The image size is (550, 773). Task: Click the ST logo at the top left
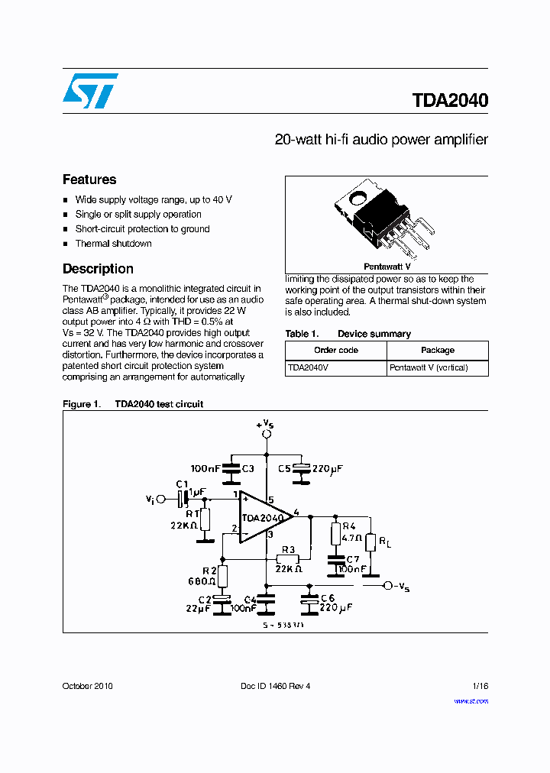click(x=90, y=91)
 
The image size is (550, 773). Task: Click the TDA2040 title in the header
click(x=450, y=101)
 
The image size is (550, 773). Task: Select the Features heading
click(x=89, y=180)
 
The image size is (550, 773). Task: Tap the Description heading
click(x=98, y=269)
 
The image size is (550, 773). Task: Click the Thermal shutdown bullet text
click(x=113, y=244)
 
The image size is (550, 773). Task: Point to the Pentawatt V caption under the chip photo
click(x=387, y=267)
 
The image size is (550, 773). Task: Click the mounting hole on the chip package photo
click(x=357, y=201)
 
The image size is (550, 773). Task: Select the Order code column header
click(x=335, y=350)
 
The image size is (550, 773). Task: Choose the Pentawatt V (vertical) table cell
click(x=429, y=367)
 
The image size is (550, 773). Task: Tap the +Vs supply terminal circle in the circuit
click(x=267, y=434)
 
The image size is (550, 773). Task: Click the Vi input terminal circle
click(x=160, y=499)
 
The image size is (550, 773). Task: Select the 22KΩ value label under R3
click(x=288, y=569)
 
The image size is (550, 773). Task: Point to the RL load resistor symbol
click(x=370, y=542)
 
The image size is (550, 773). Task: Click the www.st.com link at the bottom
click(x=471, y=701)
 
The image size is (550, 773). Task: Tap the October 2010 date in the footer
click(x=87, y=686)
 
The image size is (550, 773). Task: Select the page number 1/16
click(x=479, y=686)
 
